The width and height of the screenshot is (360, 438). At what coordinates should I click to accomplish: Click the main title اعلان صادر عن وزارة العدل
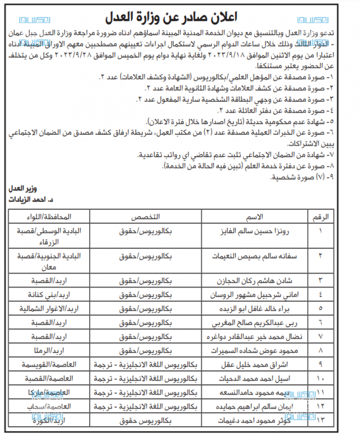pyautogui.click(x=180, y=17)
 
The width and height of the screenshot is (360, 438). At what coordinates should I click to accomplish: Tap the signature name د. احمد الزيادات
pyautogui.click(x=33, y=199)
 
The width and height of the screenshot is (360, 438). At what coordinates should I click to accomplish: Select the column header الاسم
pyautogui.click(x=255, y=217)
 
